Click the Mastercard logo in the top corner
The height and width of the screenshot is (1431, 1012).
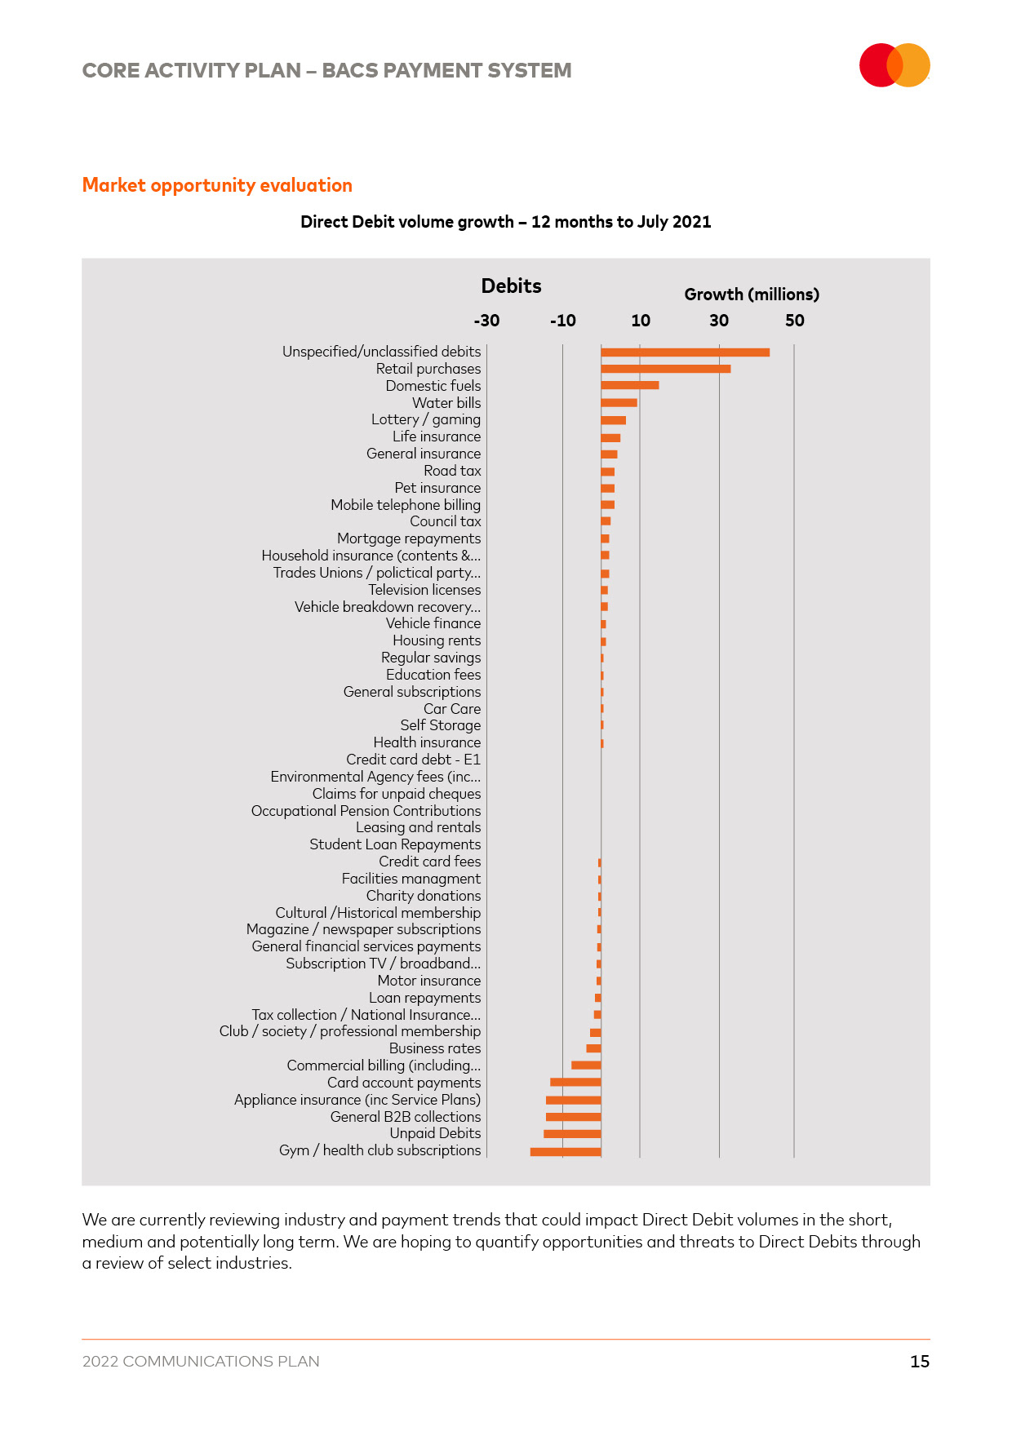pos(894,65)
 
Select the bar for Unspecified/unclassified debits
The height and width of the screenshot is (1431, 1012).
pos(685,352)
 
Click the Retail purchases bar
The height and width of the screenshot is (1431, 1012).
pos(665,369)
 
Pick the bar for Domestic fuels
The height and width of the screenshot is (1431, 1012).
pos(629,386)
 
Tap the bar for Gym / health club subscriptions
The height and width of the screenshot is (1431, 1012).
pos(566,1152)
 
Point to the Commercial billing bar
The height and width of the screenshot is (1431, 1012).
pos(586,1065)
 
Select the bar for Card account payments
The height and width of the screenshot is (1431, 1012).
pos(575,1083)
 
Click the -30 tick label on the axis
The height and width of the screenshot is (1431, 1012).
pos(486,321)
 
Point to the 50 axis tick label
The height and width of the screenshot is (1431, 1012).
pos(794,321)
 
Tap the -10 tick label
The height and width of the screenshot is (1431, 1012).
pos(562,321)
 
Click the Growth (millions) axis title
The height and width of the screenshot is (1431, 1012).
pos(752,295)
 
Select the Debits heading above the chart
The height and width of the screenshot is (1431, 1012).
pos(511,286)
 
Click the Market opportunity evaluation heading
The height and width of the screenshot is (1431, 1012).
pos(217,185)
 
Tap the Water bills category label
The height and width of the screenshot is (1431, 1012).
pos(446,403)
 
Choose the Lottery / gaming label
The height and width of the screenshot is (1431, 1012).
pos(426,419)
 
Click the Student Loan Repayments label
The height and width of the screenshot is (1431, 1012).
pos(395,844)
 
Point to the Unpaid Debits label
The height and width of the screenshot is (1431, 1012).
pos(435,1133)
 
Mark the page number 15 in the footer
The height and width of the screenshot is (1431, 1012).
pos(920,1361)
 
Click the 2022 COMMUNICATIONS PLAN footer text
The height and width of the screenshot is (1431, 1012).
pos(201,1361)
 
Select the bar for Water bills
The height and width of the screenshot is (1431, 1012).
pos(619,403)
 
